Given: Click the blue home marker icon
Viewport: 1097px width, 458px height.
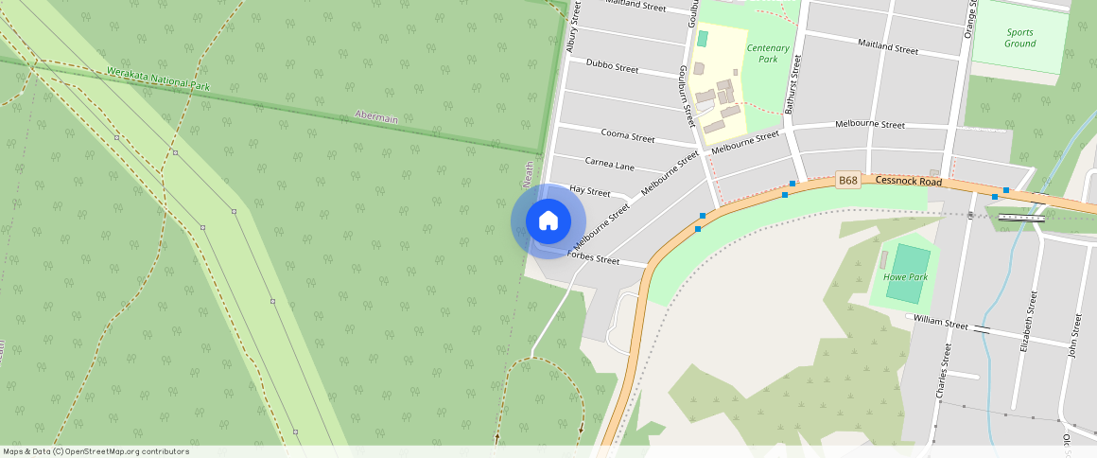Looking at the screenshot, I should [x=548, y=221].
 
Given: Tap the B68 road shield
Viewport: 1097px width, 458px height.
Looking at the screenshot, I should [x=848, y=180].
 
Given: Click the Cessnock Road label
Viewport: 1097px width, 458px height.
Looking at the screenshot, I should [x=909, y=180].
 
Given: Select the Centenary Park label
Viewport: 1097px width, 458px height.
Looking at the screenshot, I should [x=768, y=52].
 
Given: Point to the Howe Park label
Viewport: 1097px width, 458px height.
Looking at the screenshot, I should [x=905, y=277].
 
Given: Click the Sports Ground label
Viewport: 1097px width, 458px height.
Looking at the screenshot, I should [x=1019, y=38].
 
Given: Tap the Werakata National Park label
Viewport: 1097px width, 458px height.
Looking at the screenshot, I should [x=157, y=79].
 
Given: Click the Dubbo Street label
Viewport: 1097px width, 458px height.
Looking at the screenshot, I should [x=612, y=66].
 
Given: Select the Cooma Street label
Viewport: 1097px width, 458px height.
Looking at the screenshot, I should [x=628, y=136].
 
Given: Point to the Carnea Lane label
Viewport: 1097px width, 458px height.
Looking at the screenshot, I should [x=610, y=165].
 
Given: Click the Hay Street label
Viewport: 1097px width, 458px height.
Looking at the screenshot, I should [x=591, y=191].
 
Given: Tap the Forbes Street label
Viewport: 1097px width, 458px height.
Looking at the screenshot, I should [x=593, y=257].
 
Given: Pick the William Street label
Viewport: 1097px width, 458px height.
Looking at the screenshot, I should [x=942, y=324].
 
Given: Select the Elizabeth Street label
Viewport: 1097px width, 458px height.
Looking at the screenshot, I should [x=1028, y=322].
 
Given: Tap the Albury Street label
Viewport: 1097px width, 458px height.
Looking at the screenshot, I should [x=571, y=31].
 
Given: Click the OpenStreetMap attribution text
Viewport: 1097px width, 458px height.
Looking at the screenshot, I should [x=96, y=451].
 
